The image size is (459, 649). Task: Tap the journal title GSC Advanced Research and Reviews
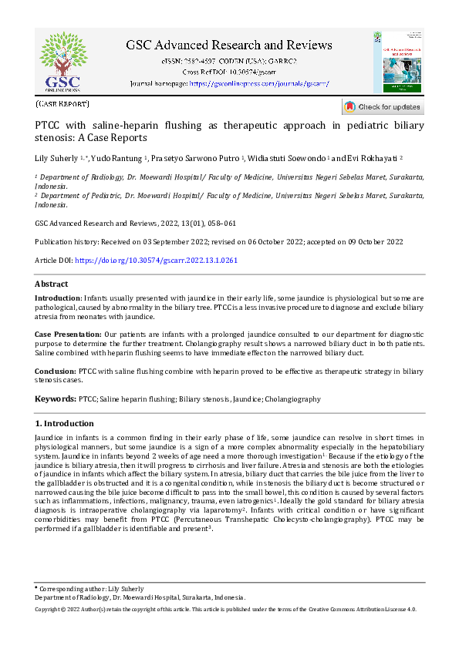pyautogui.click(x=229, y=45)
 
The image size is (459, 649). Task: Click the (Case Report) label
pyautogui.click(x=62, y=103)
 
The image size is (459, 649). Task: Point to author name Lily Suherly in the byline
pyautogui.click(x=57, y=158)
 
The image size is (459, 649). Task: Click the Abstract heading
pyautogui.click(x=52, y=284)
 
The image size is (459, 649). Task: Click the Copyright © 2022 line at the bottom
pyautogui.click(x=226, y=609)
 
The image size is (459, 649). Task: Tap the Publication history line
pyautogui.click(x=219, y=241)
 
